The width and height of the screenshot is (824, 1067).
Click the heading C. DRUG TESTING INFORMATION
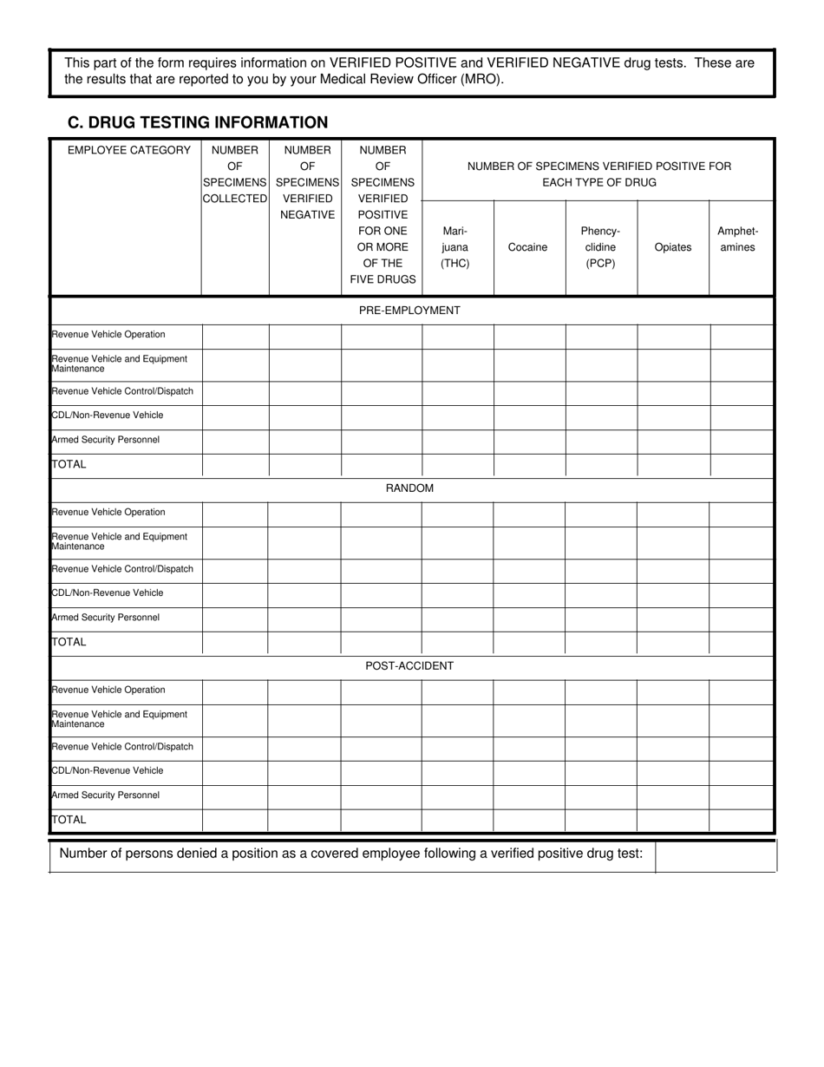click(198, 122)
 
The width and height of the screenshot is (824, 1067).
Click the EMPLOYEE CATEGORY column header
click(128, 150)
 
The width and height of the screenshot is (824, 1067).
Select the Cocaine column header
click(527, 247)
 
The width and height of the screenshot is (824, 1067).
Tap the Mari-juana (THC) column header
click(455, 247)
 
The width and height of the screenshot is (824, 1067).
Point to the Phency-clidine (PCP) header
click(600, 247)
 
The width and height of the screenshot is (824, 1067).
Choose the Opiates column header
click(672, 247)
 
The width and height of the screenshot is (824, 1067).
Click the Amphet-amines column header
click(737, 239)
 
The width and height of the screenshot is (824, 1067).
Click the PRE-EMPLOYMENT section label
click(409, 311)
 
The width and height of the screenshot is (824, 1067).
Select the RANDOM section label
click(409, 488)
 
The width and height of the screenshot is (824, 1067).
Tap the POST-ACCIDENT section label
click(409, 666)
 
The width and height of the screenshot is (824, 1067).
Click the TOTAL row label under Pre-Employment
click(69, 465)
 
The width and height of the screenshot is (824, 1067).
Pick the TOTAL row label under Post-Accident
click(69, 820)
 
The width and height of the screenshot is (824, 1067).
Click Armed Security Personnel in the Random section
click(106, 618)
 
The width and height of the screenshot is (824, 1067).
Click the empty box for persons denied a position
click(714, 855)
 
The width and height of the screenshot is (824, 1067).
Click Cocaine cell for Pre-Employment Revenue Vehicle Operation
click(529, 336)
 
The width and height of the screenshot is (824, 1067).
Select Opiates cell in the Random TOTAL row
click(672, 643)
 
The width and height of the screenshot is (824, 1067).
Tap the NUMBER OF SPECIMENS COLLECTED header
click(235, 174)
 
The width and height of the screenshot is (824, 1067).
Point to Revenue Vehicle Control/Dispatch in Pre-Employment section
click(122, 391)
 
